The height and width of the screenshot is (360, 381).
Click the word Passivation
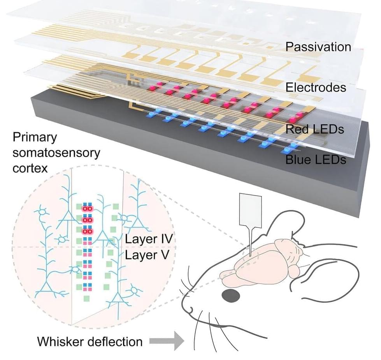click(318, 47)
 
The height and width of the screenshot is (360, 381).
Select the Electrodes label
click(316, 87)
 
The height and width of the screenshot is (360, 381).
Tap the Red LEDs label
click(315, 129)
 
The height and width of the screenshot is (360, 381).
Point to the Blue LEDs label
click(315, 159)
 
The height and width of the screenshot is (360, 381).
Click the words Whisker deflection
click(90, 342)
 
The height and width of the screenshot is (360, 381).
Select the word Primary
click(35, 137)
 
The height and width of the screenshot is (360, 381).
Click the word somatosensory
click(56, 153)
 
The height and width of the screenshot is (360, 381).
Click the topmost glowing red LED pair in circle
click(86, 209)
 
